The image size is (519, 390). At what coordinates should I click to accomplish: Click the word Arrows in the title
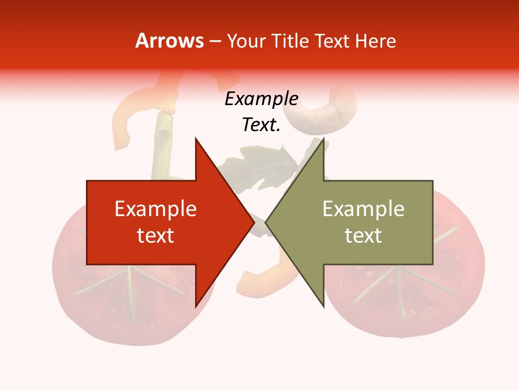click(169, 41)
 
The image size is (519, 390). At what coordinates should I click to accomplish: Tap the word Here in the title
click(375, 41)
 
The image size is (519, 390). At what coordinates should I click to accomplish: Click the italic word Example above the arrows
click(261, 99)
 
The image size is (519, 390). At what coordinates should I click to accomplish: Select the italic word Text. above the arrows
click(261, 125)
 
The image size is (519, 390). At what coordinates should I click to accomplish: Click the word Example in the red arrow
click(156, 209)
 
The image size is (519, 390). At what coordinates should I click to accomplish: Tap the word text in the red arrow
click(156, 236)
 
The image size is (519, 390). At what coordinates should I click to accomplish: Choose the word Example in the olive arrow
click(363, 209)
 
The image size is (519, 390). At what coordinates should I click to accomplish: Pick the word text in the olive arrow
click(363, 236)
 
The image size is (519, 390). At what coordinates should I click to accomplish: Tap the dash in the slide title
click(215, 42)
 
